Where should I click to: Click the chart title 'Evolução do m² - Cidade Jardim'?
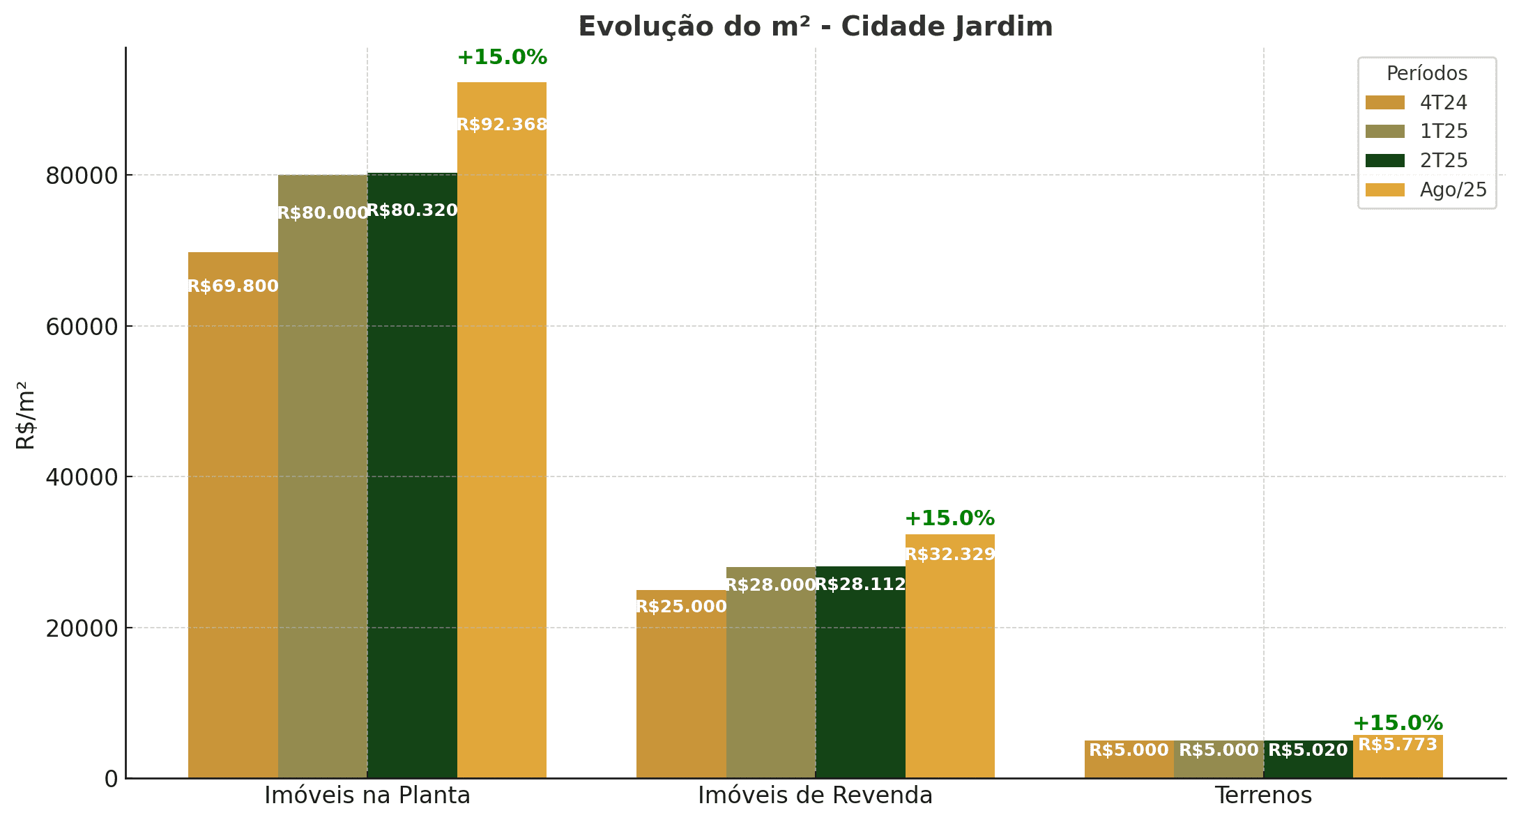click(x=815, y=27)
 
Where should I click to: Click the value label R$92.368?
click(x=502, y=125)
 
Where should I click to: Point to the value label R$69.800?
click(x=233, y=286)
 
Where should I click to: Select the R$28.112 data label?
click(x=860, y=584)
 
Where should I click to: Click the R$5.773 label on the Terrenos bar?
click(x=1398, y=745)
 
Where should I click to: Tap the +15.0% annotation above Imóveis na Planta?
click(x=502, y=58)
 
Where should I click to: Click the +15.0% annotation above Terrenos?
click(x=1398, y=723)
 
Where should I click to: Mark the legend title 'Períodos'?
click(x=1426, y=74)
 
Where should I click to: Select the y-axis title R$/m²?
click(x=26, y=415)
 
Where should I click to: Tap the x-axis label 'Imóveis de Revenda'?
click(x=815, y=796)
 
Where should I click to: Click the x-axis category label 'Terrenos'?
click(x=1263, y=796)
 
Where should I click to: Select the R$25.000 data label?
click(x=681, y=607)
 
